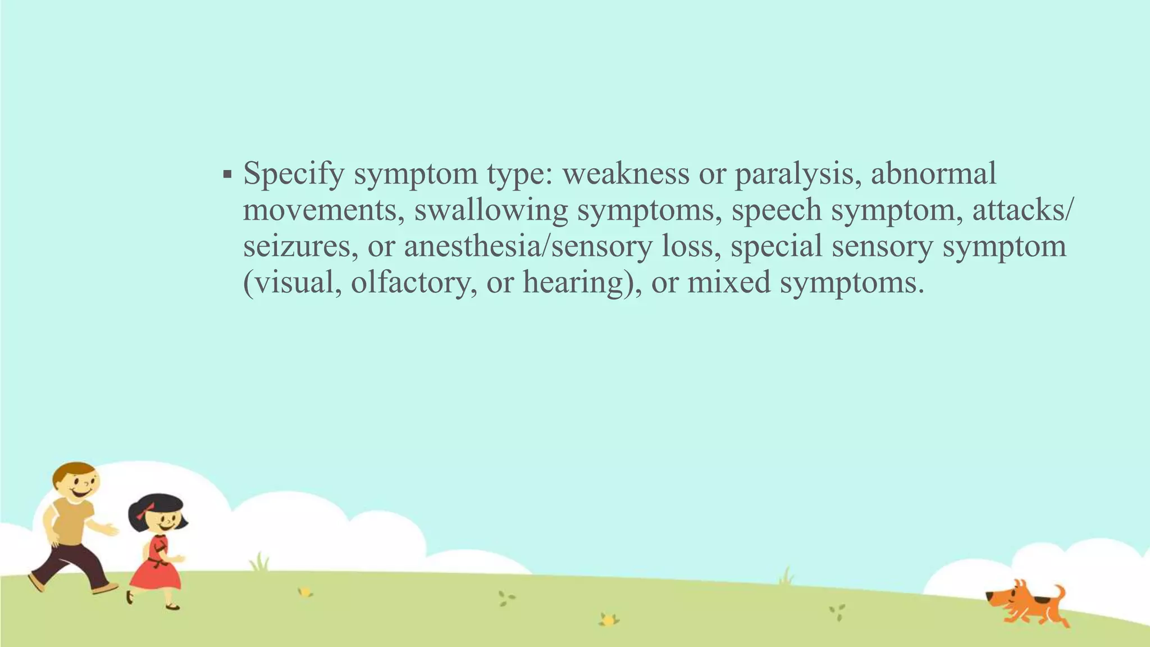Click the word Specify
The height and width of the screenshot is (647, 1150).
tap(293, 174)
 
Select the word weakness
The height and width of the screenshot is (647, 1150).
tap(626, 173)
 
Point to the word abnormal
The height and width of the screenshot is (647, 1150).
tap(933, 173)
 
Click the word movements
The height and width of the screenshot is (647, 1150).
tap(323, 210)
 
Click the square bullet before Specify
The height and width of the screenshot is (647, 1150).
tap(227, 175)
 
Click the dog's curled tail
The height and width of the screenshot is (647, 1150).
tap(1059, 593)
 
